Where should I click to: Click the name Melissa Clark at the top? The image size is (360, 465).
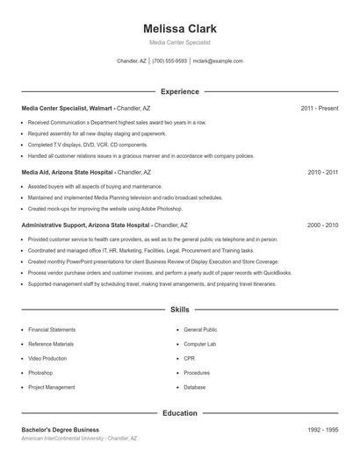pos(179,28)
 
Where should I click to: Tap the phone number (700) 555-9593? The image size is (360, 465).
pos(169,61)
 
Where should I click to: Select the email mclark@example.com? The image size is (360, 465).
pos(218,61)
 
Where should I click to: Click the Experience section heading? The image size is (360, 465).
pos(179,91)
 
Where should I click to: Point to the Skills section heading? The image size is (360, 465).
pos(179,310)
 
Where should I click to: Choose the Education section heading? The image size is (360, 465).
pos(179,412)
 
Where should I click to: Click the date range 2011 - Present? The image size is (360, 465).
pos(319,108)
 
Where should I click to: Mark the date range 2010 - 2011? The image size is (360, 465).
pos(322,173)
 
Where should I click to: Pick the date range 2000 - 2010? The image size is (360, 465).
pos(322,225)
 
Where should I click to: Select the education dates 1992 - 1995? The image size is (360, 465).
pos(322,430)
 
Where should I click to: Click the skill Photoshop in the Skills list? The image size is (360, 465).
pos(40,373)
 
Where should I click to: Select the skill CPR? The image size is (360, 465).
pos(189,359)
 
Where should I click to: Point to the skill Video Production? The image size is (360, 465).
pos(47,359)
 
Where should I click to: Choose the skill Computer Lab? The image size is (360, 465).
pos(199,344)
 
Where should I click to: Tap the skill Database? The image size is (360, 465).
pos(195,387)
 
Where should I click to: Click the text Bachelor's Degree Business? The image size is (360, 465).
pos(61,430)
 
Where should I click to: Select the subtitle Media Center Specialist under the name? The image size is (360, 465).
pos(179,42)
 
